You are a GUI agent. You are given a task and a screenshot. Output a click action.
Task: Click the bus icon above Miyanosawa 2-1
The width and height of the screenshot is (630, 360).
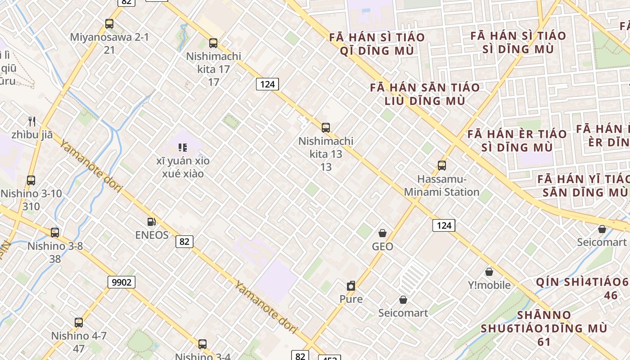[x=109, y=24]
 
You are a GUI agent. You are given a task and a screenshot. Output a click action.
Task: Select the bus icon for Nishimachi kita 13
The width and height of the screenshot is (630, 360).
[x=326, y=128]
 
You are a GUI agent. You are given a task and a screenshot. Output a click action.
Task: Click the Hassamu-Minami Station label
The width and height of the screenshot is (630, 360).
[x=441, y=185]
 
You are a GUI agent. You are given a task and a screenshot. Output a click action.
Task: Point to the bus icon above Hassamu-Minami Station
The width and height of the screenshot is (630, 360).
[x=442, y=166]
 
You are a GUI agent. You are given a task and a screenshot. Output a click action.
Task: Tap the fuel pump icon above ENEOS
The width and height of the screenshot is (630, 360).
[x=152, y=221]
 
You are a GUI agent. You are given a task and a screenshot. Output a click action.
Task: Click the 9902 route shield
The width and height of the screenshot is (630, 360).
[x=121, y=282]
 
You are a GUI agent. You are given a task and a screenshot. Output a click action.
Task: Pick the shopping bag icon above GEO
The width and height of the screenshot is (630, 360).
[x=382, y=233]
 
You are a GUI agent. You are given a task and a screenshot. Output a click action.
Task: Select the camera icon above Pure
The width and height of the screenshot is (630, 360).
[x=351, y=286]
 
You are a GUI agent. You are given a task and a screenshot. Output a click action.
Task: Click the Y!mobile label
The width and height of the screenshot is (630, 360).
[x=489, y=285]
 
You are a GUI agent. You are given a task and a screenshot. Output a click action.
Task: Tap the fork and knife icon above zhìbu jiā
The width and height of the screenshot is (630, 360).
[x=32, y=121]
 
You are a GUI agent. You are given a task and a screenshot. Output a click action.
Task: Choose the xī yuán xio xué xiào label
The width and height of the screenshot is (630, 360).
[x=183, y=167]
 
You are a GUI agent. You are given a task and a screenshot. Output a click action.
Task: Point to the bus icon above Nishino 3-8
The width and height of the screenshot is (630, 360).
[x=55, y=233]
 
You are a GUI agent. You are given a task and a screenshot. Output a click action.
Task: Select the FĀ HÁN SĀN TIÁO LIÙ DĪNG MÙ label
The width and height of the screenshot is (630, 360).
[x=425, y=94]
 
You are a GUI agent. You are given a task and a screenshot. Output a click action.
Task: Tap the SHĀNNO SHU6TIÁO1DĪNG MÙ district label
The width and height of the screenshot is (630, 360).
[x=544, y=328]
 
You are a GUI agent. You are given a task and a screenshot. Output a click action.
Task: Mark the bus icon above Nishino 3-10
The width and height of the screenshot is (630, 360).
[x=31, y=180]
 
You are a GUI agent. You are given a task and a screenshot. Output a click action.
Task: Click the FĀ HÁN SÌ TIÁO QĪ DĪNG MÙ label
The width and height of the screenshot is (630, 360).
[x=377, y=44]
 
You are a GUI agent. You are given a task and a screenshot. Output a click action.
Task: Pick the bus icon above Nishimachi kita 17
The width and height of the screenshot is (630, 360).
[x=213, y=43]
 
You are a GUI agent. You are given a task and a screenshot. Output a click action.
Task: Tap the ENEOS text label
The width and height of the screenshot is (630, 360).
[x=152, y=235]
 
